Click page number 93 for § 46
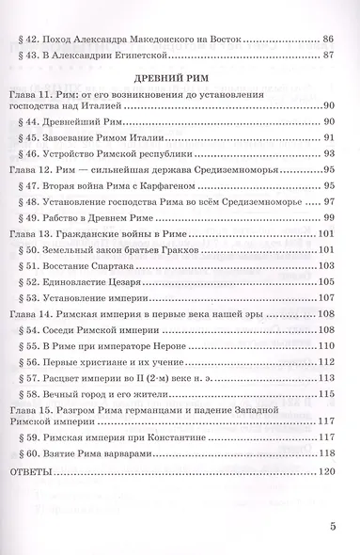tap(328, 152)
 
